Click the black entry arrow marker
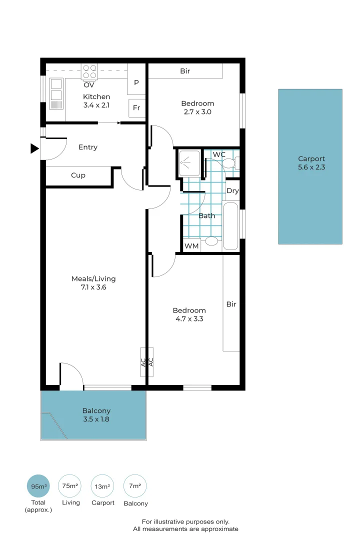(x=34, y=148)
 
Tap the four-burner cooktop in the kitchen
(x=89, y=72)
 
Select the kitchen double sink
(x=56, y=93)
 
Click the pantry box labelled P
(x=136, y=82)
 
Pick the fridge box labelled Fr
(x=137, y=108)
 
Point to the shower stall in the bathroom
(x=189, y=163)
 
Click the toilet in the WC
(x=230, y=162)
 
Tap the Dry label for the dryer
(x=232, y=191)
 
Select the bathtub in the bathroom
(x=230, y=226)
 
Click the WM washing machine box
(x=191, y=246)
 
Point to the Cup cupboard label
(x=78, y=175)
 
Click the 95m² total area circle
(x=38, y=486)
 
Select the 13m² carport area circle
(x=102, y=486)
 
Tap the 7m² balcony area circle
(x=135, y=486)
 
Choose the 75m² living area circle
(x=70, y=486)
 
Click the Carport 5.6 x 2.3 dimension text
(x=311, y=167)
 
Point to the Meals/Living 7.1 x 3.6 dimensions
(x=93, y=287)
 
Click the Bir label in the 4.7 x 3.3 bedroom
(x=231, y=304)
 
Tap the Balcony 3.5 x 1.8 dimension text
(x=96, y=419)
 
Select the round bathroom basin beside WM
(x=211, y=241)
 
